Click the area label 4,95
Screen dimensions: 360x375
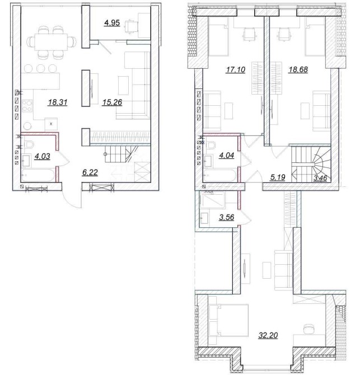pyautogui.click(x=112, y=23)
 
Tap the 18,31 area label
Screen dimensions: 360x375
pyautogui.click(x=58, y=102)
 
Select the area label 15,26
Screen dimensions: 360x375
pyautogui.click(x=112, y=102)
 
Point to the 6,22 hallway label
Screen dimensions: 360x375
pyautogui.click(x=90, y=172)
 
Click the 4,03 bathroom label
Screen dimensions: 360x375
pyautogui.click(x=43, y=156)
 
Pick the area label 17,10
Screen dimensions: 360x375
pyautogui.click(x=236, y=69)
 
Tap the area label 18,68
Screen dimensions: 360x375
pyautogui.click(x=298, y=69)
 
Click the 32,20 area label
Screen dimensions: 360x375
pyautogui.click(x=268, y=335)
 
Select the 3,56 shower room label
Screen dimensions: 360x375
pyautogui.click(x=227, y=217)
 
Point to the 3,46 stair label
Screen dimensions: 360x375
pyautogui.click(x=320, y=178)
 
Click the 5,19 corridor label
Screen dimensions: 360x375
pyautogui.click(x=278, y=177)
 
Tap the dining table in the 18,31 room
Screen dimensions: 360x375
pyautogui.click(x=51, y=42)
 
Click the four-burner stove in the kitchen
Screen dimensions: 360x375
pyautogui.click(x=27, y=106)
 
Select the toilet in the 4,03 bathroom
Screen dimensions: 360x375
pyautogui.click(x=29, y=145)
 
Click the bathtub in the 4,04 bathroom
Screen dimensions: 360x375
pyautogui.click(x=219, y=176)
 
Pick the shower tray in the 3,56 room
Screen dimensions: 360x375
pyautogui.click(x=212, y=200)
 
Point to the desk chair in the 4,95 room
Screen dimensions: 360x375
pyautogui.click(x=132, y=26)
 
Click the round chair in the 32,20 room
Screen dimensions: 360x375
pyautogui.click(x=309, y=329)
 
